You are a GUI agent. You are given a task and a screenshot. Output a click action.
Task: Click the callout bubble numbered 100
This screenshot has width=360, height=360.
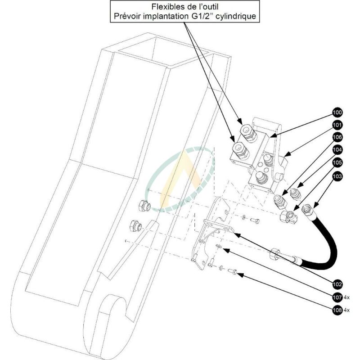(x=337, y=112)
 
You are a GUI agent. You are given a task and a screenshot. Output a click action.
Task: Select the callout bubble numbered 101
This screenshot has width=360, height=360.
(x=337, y=125)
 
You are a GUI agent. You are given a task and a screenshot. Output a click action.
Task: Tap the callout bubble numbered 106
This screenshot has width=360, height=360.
(x=337, y=137)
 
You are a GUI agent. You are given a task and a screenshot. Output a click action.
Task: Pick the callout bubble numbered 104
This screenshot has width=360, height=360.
(x=337, y=150)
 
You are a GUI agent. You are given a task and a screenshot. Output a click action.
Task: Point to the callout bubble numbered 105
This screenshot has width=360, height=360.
(x=337, y=162)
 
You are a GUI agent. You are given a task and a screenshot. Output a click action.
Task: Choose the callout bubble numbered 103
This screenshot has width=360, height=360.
(x=337, y=176)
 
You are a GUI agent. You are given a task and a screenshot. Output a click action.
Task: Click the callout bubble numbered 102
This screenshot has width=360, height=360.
(x=337, y=284)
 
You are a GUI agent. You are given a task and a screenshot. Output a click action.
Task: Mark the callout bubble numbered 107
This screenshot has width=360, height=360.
(x=337, y=297)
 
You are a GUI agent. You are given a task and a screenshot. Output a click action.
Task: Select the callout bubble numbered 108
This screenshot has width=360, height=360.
(x=337, y=310)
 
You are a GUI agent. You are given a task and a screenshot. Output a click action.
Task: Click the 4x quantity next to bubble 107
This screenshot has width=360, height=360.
(x=346, y=298)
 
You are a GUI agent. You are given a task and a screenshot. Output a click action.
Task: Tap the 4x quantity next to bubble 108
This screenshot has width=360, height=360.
(x=346, y=310)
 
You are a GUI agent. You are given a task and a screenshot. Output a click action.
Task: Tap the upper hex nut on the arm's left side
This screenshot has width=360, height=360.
(x=144, y=206)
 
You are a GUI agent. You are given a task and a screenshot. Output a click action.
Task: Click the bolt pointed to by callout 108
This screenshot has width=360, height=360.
(x=232, y=271)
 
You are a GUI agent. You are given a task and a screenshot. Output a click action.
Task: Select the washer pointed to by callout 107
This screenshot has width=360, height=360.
(x=219, y=246)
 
